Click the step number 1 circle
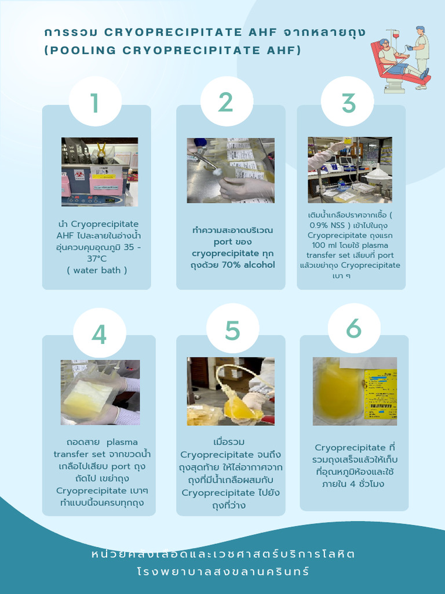[95, 103]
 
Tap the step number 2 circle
[225, 102]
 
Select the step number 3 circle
[348, 103]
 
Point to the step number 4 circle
[99, 334]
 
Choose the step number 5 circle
[232, 330]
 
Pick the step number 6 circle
[353, 328]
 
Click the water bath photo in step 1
[100, 172]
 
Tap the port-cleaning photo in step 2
[230, 170]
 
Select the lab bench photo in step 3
[349, 169]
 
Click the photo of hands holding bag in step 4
[100, 392]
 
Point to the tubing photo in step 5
[230, 391]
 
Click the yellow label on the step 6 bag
[381, 390]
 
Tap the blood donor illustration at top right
[400, 58]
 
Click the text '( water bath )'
[97, 270]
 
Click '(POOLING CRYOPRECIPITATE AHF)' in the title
[173, 50]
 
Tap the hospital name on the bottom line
[223, 571]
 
